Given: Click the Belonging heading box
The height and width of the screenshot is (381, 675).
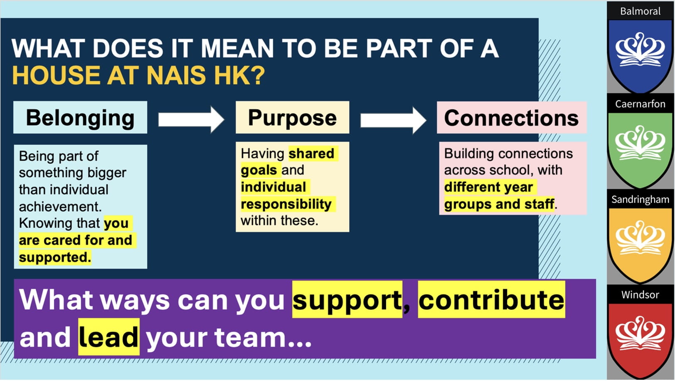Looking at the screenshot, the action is tap(80, 117).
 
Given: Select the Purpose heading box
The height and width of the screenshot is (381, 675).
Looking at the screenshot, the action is tap(292, 117).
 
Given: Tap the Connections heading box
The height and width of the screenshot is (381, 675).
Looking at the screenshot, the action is tap(512, 117).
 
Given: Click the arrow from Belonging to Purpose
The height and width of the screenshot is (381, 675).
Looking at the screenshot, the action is tap(191, 120).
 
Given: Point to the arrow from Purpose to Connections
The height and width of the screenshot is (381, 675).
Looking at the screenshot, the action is tap(393, 120).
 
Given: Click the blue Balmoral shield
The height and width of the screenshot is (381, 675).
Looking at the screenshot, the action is tap(641, 56).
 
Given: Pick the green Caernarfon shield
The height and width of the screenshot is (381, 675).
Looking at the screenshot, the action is tap(641, 150).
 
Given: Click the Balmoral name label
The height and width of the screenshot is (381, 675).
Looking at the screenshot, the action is tap(641, 11).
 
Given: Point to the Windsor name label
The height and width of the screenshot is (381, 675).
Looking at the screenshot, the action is tap(641, 294).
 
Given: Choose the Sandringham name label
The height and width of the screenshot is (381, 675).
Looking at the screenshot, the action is tap(641, 199).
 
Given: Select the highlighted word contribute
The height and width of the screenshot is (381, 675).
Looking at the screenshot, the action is tap(491, 299).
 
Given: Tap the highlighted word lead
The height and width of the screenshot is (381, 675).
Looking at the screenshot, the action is tap(108, 337).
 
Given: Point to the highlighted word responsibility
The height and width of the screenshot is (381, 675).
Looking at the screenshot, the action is tap(286, 204).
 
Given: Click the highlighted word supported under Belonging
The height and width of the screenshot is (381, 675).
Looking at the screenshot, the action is tap(55, 257).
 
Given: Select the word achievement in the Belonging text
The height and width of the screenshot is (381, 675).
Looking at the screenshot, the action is tap(60, 207).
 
